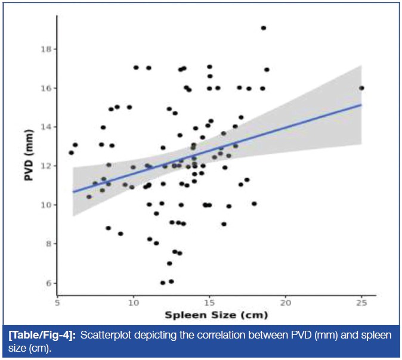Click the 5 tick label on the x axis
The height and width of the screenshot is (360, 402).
click(x=57, y=302)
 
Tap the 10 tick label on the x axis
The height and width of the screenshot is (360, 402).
click(x=133, y=302)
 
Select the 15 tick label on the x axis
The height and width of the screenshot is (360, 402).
click(x=209, y=302)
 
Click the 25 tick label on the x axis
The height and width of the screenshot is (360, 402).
click(x=361, y=302)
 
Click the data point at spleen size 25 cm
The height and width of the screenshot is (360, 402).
click(x=361, y=88)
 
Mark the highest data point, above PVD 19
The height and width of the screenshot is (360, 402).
click(x=264, y=28)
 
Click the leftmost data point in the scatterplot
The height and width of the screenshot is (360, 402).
click(x=72, y=153)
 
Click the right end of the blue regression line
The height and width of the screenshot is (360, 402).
click(x=361, y=104)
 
